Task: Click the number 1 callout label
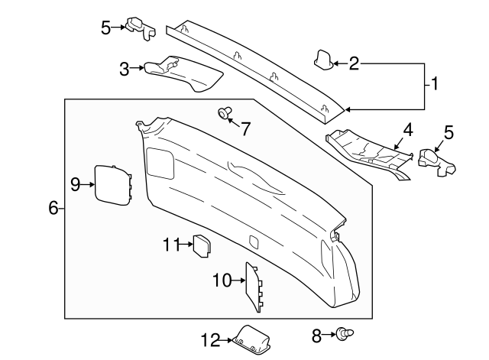point(435,84)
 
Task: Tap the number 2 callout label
point(354,63)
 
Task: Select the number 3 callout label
point(124,69)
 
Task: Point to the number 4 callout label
point(408,129)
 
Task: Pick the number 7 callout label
point(245,129)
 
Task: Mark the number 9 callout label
point(76,183)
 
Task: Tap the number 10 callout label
point(221,281)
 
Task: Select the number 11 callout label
point(170,245)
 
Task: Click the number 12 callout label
point(209,339)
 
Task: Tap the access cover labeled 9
point(111,184)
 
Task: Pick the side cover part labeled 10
point(253,287)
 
